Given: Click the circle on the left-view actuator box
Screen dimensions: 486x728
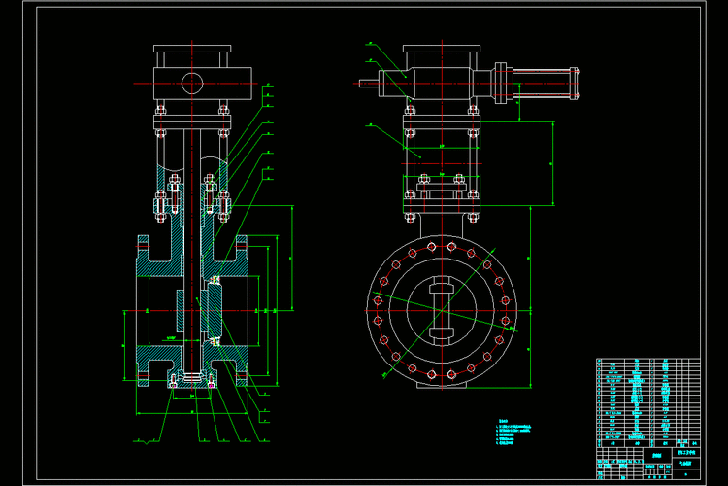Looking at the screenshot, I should pos(191,82).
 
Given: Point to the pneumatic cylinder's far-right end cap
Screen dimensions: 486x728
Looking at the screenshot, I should pos(578,83).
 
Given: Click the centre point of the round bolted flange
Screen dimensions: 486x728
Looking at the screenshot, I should pos(442,310).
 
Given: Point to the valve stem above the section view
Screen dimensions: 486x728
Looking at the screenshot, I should pos(190,156).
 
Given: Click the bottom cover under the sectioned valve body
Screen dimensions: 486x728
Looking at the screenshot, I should pos(191,382).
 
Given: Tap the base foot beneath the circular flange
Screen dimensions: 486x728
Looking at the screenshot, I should pos(442,385).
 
